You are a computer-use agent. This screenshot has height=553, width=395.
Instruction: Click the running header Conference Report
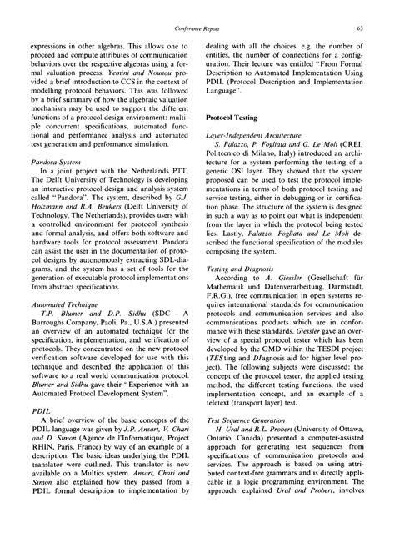197,28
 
